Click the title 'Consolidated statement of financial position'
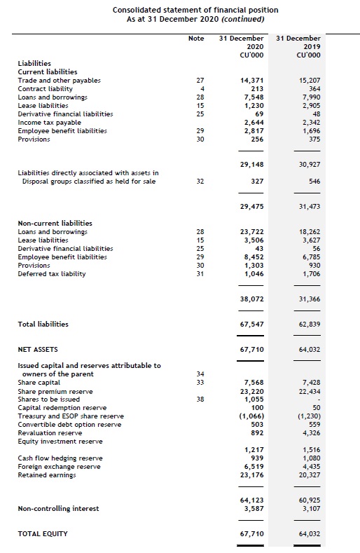(195, 10)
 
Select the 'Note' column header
(196, 39)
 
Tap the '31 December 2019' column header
(298, 46)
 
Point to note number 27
(200, 81)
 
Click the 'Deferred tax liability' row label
(52, 273)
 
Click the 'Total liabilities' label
(43, 325)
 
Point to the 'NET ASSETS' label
(38, 349)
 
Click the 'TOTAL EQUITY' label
(43, 534)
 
